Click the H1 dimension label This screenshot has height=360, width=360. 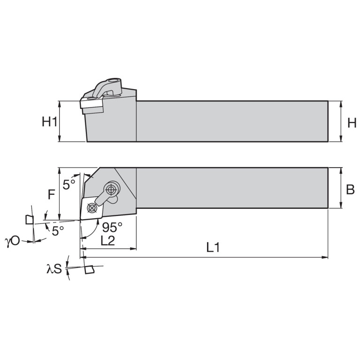49,122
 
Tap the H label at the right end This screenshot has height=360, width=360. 352,123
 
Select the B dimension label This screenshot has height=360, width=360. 350,190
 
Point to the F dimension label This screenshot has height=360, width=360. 52,195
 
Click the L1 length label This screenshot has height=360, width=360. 213,247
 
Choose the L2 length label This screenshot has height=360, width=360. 107,241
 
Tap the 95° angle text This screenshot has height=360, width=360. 112,227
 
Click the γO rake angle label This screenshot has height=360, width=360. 12,241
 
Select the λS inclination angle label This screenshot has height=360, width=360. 54,268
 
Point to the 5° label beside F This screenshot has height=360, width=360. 69,184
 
